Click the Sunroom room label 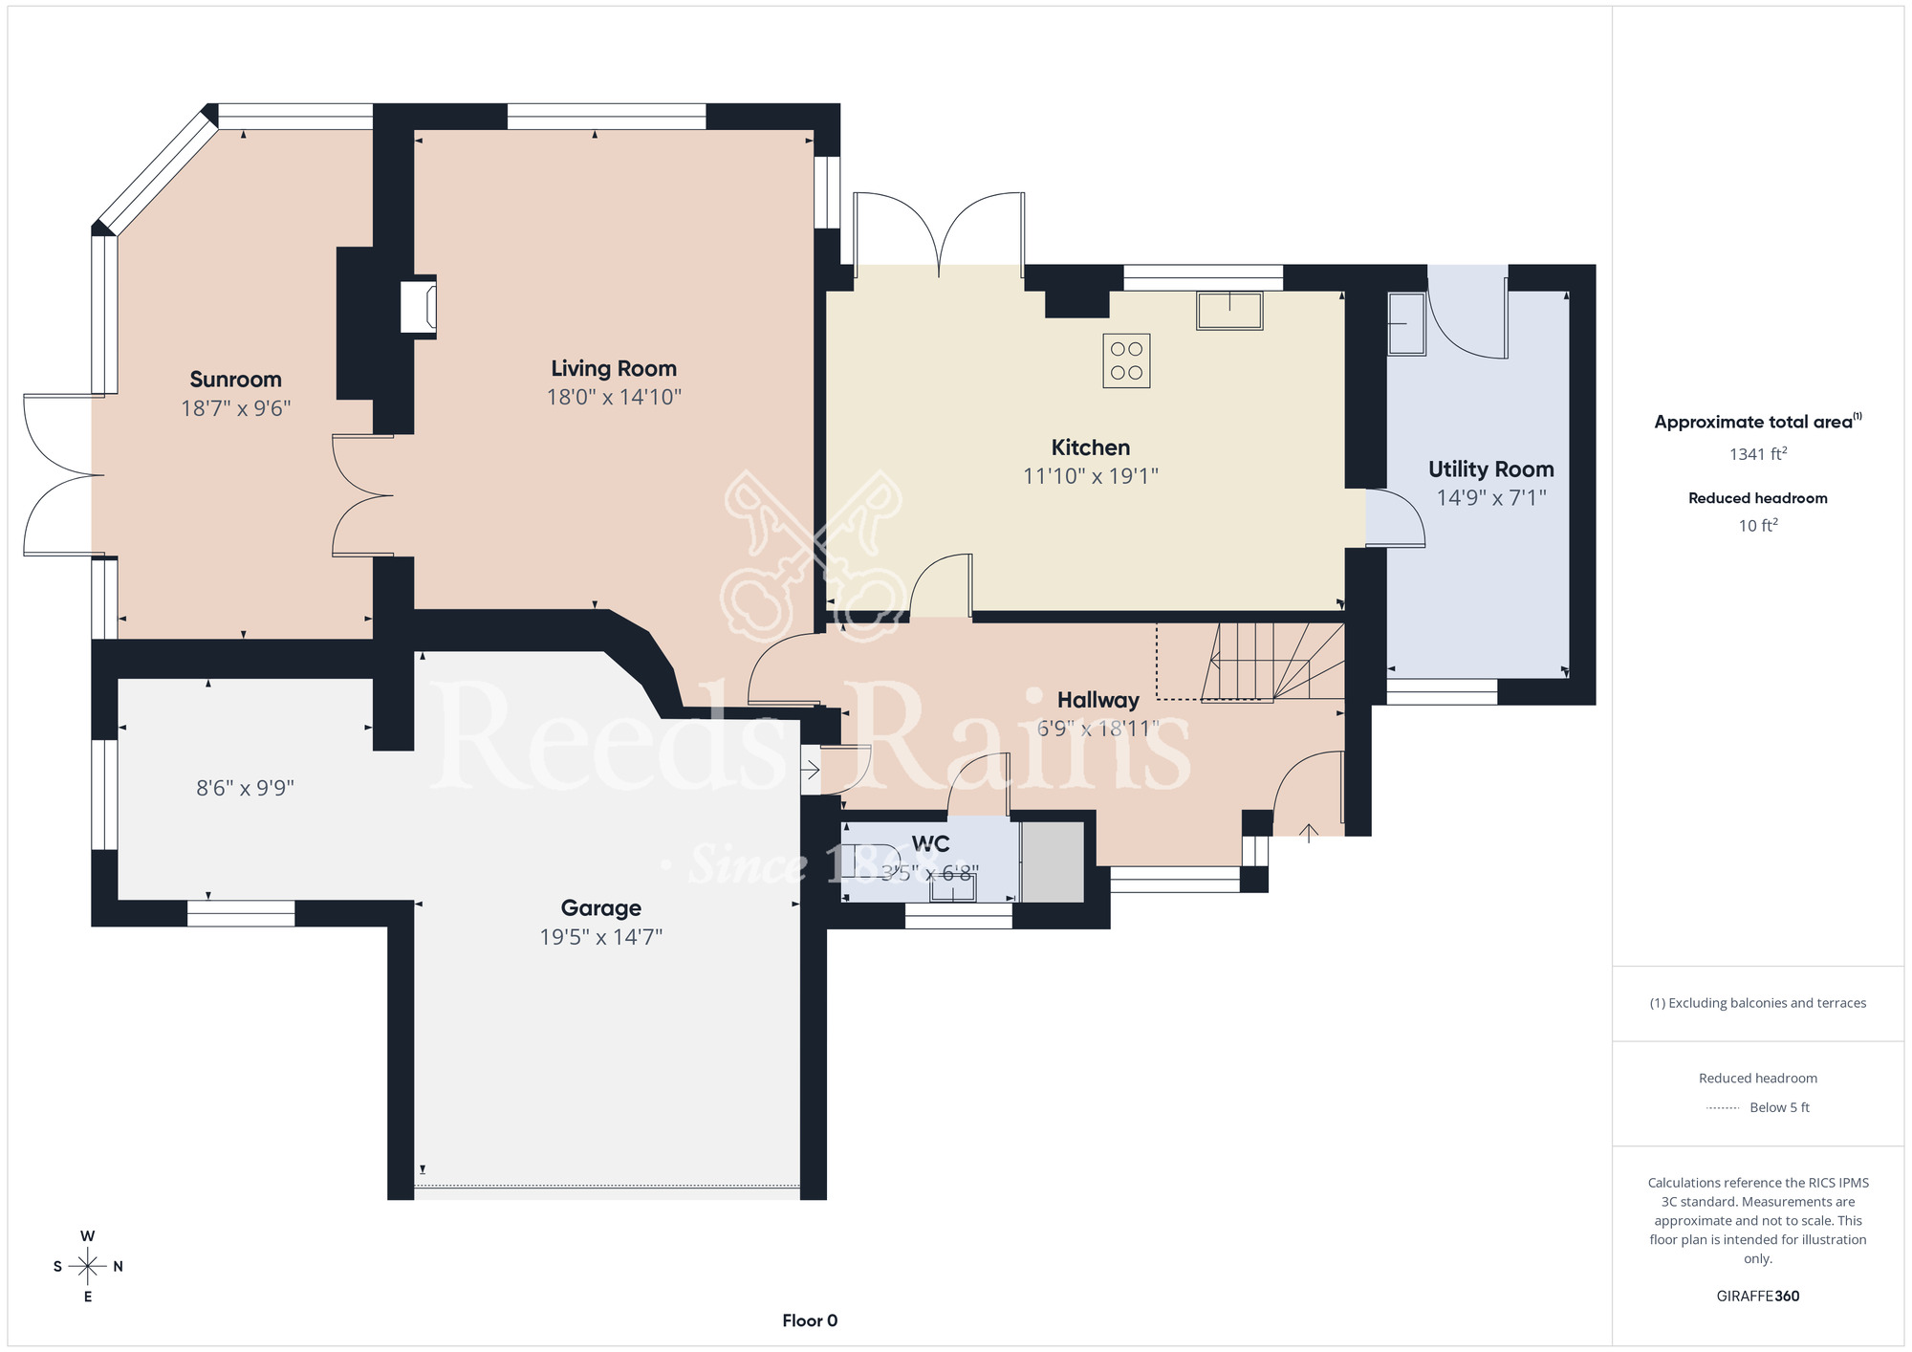pos(235,380)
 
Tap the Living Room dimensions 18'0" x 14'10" pos(614,397)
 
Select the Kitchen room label pos(1090,447)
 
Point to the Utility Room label pos(1490,469)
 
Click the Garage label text pos(600,908)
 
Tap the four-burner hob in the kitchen pos(1126,360)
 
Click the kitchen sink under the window pos(1229,311)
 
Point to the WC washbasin pos(954,890)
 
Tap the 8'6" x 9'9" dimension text pos(245,788)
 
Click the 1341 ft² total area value pos(1757,454)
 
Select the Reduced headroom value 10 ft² pos(1757,526)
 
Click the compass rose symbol pos(88,1267)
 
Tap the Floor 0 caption pos(810,1320)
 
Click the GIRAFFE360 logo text pos(1757,1297)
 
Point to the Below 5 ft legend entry pos(1778,1107)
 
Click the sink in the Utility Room pos(1406,324)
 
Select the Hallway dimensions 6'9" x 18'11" pos(1097,729)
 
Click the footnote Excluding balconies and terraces pos(1757,1003)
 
